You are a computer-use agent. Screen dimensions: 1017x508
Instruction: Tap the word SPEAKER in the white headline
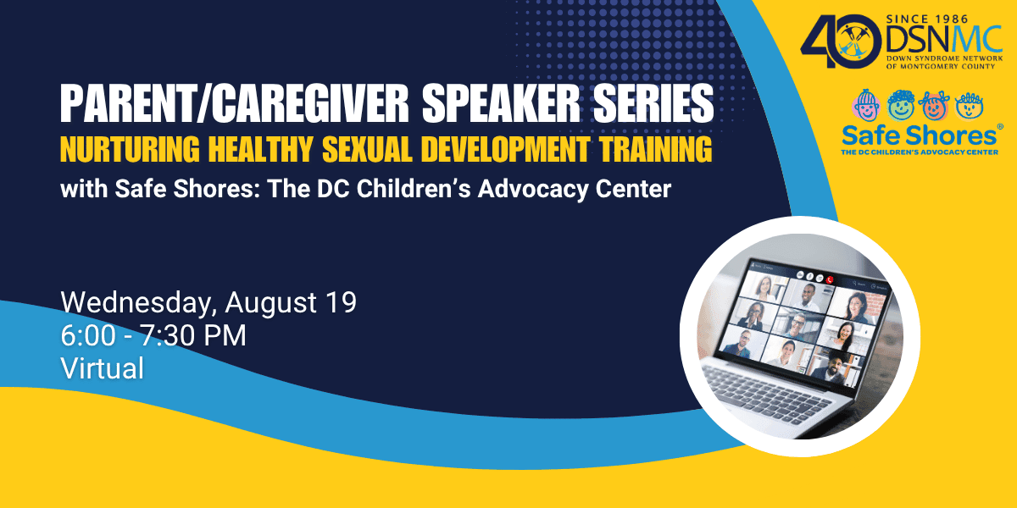[x=501, y=104]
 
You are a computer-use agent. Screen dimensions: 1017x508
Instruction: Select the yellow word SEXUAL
[x=367, y=149]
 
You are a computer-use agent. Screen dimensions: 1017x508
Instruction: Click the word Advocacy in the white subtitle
[x=533, y=190]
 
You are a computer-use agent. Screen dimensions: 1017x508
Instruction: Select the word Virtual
[x=103, y=367]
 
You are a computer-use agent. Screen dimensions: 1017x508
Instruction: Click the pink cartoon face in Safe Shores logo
[x=866, y=106]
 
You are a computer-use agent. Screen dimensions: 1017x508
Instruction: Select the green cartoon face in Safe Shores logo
[x=901, y=105]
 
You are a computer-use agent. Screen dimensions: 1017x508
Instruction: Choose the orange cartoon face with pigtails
[x=933, y=106]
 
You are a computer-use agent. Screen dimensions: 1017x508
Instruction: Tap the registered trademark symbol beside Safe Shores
[x=1000, y=127]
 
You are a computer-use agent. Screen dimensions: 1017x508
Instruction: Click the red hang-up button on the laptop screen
[x=830, y=280]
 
